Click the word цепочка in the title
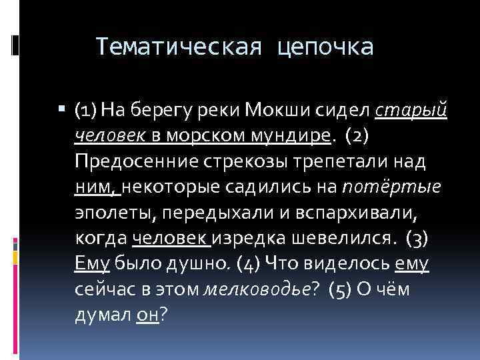(327, 47)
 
